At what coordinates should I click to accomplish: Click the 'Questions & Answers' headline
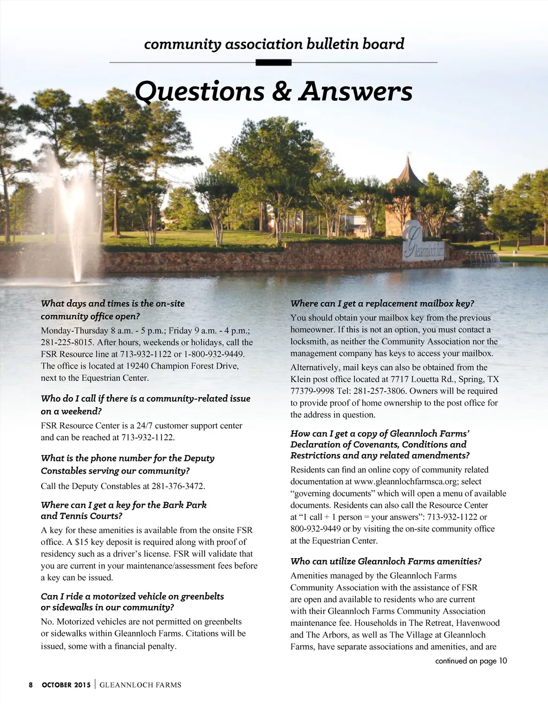click(273, 92)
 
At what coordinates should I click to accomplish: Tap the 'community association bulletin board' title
click(274, 44)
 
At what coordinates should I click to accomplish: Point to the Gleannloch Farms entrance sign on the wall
click(422, 244)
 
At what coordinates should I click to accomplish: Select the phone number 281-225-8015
click(64, 342)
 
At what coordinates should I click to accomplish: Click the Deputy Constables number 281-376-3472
click(178, 486)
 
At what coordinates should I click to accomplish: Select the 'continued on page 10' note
click(471, 661)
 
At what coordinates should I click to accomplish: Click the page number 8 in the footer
click(31, 685)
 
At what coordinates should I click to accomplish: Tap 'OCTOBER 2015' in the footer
click(66, 685)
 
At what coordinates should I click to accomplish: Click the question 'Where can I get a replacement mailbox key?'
click(382, 304)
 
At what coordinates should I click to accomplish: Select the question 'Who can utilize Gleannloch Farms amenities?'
click(386, 561)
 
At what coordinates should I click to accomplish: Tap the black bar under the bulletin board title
click(273, 63)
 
